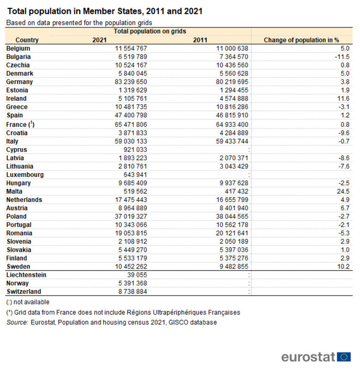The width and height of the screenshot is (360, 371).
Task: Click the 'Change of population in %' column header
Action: (x=301, y=40)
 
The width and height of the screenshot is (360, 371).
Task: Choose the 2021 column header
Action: (x=99, y=40)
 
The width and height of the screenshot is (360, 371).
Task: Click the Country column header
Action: (x=27, y=40)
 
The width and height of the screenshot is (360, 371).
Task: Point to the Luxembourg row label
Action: (x=25, y=174)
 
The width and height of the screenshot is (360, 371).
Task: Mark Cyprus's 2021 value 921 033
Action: (x=135, y=150)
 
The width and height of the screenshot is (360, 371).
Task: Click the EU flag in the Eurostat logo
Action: (x=344, y=356)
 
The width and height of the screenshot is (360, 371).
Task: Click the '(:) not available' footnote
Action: (x=28, y=302)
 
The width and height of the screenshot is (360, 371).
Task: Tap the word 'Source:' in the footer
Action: (x=17, y=322)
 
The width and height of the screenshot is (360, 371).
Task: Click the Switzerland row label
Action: (x=24, y=292)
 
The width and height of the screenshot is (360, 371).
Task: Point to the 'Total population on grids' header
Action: (x=150, y=31)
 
